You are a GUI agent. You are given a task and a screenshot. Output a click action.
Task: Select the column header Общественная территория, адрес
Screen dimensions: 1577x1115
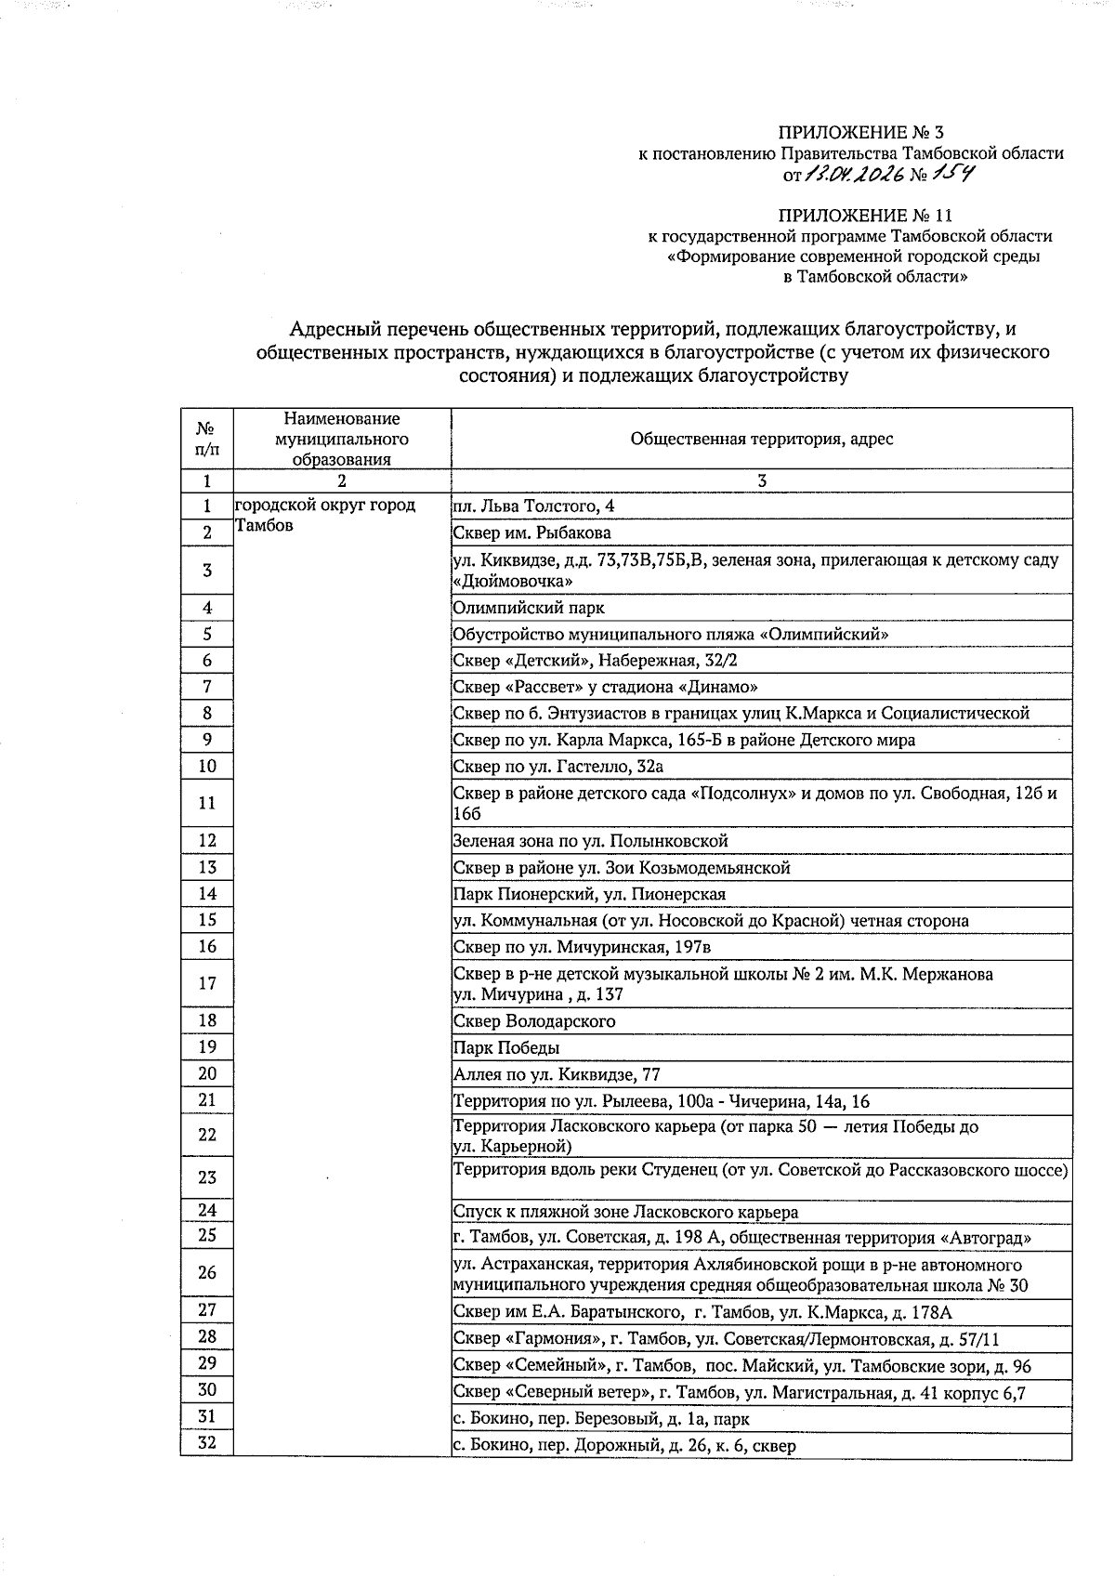tap(761, 439)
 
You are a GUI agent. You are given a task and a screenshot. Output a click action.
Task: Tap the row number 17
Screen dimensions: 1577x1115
tap(207, 983)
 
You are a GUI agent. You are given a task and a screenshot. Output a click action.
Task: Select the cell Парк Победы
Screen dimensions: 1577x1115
tap(506, 1047)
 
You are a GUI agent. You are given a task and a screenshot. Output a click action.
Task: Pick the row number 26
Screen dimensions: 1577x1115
tap(207, 1273)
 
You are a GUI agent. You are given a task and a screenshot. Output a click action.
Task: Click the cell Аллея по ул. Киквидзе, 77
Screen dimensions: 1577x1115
tap(557, 1074)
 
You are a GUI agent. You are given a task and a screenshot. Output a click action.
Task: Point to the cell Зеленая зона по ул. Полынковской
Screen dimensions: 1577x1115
tap(590, 841)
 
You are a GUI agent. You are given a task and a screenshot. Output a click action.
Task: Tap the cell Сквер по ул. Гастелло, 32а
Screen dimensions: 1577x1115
tap(557, 767)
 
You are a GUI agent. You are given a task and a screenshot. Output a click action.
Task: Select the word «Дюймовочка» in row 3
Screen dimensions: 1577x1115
tap(512, 581)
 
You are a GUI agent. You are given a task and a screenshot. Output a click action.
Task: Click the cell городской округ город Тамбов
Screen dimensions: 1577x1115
tap(325, 515)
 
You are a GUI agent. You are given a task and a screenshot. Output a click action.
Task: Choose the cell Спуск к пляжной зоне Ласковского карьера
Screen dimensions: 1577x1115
tap(625, 1212)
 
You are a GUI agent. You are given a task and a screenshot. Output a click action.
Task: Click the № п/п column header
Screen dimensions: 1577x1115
tap(207, 439)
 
